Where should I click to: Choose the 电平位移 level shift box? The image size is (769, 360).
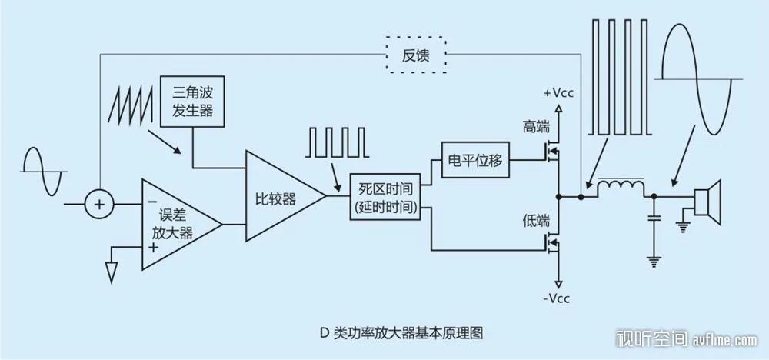(474, 161)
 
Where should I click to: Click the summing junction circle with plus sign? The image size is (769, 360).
(98, 204)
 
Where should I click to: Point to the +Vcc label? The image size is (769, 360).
(558, 93)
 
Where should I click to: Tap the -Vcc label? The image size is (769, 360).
(559, 298)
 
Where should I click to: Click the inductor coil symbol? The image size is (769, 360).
(622, 187)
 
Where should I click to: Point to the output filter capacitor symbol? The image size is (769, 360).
(654, 219)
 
